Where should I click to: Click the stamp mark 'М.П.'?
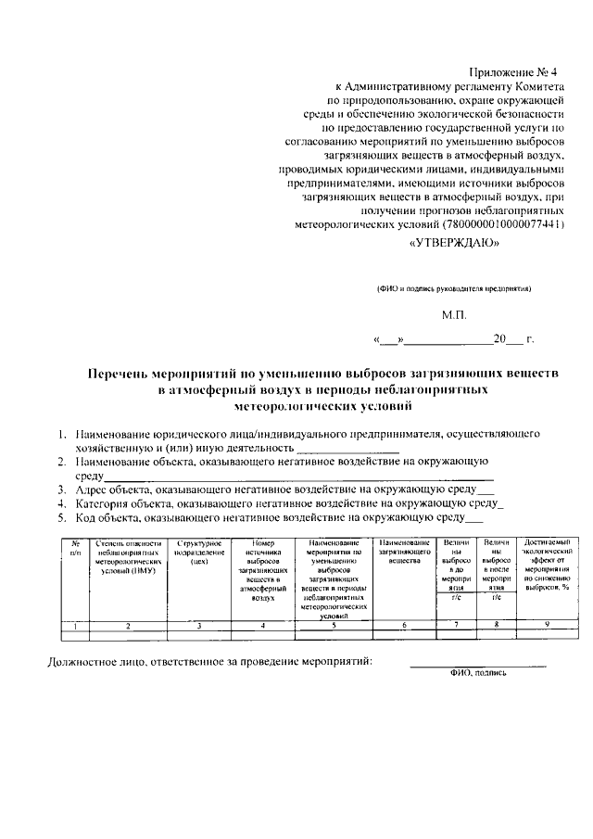tap(455, 315)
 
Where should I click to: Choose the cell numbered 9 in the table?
tap(548, 626)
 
